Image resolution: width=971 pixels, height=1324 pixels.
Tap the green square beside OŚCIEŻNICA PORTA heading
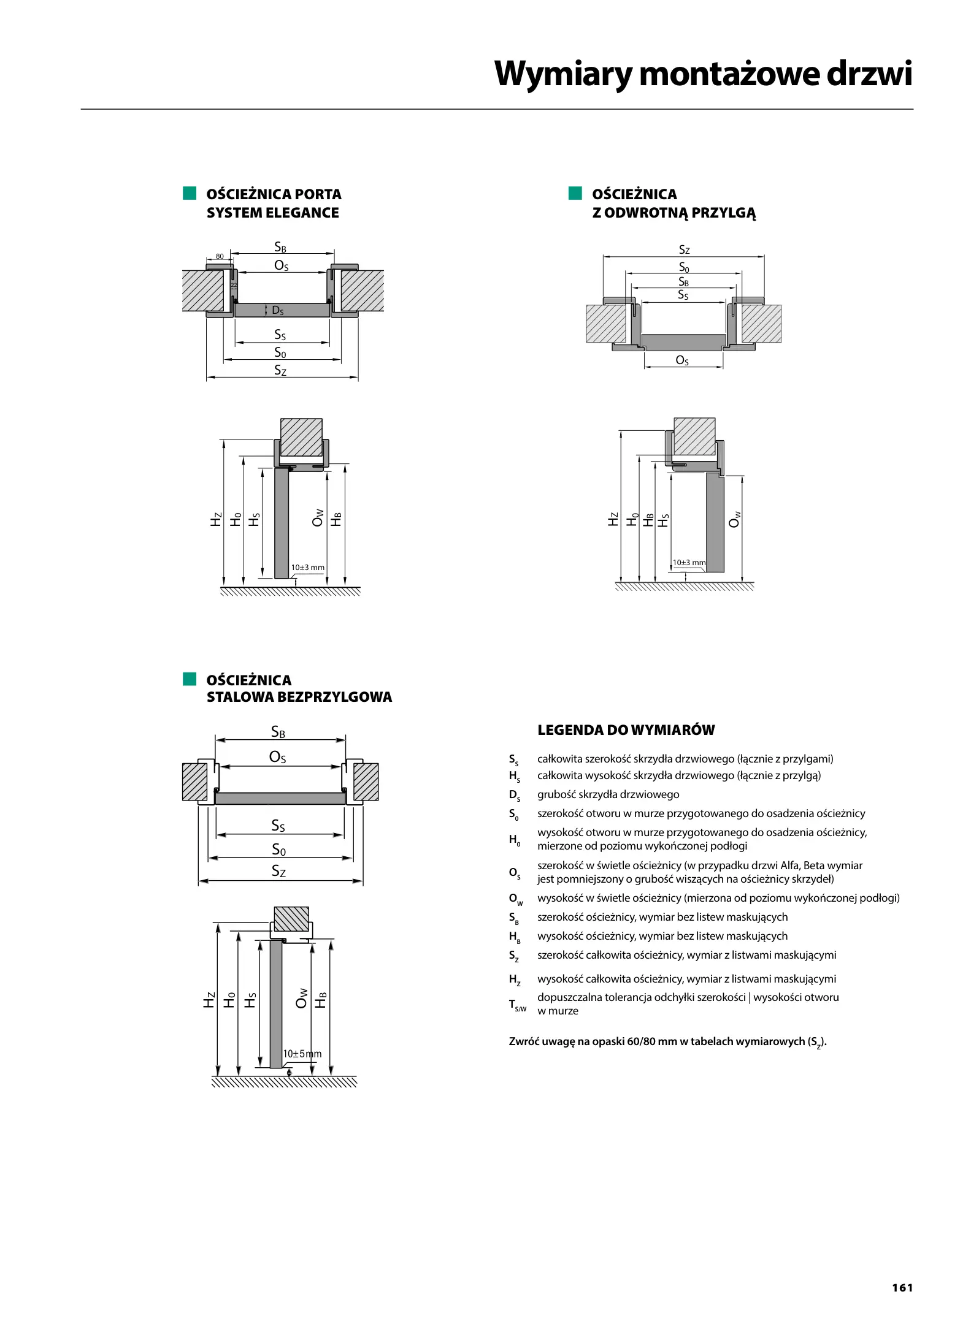(x=189, y=194)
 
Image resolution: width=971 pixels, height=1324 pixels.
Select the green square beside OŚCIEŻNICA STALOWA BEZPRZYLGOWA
(x=189, y=679)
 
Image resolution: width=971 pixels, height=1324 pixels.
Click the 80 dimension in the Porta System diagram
(x=220, y=256)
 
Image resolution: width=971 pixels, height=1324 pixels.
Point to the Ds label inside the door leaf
(x=277, y=311)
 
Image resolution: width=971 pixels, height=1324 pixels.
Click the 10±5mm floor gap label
(x=302, y=1054)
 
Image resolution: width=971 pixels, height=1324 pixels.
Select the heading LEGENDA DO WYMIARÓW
(x=626, y=730)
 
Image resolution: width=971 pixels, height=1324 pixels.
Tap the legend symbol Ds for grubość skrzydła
(x=514, y=796)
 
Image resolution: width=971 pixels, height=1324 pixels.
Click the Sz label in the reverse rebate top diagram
(x=684, y=250)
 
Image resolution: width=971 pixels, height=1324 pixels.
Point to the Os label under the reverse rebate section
(x=682, y=360)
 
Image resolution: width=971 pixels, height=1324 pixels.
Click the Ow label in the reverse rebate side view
(x=735, y=519)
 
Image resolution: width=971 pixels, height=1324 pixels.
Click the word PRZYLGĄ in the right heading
(x=727, y=213)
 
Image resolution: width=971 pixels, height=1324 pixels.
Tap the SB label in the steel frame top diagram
(x=278, y=732)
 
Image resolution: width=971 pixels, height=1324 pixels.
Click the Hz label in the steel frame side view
(x=209, y=1000)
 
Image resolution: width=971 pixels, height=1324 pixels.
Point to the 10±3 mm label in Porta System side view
(x=307, y=568)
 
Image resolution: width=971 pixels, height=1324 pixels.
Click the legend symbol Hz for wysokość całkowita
(x=514, y=980)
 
